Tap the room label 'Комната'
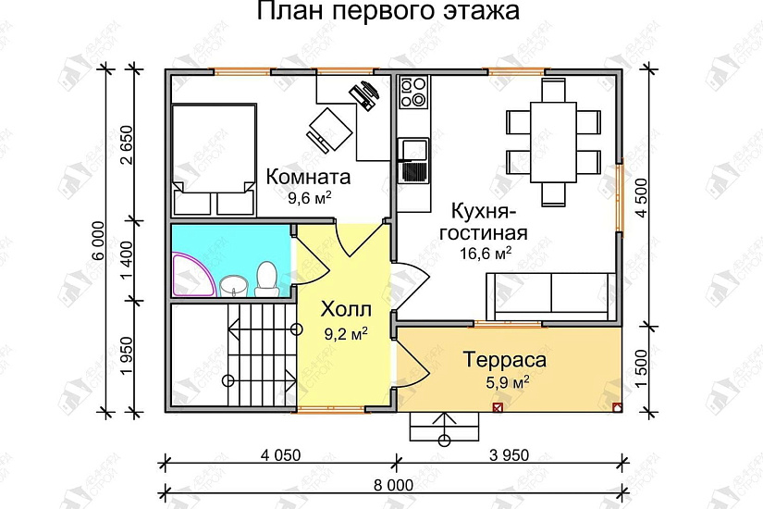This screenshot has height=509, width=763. point(308,176)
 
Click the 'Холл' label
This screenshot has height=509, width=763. point(344,309)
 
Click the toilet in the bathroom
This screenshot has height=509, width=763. point(267,279)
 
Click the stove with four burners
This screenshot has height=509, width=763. point(413,92)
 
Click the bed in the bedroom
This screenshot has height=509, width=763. point(214,148)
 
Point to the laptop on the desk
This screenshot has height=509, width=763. point(365,93)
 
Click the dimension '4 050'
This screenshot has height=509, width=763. point(280,454)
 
